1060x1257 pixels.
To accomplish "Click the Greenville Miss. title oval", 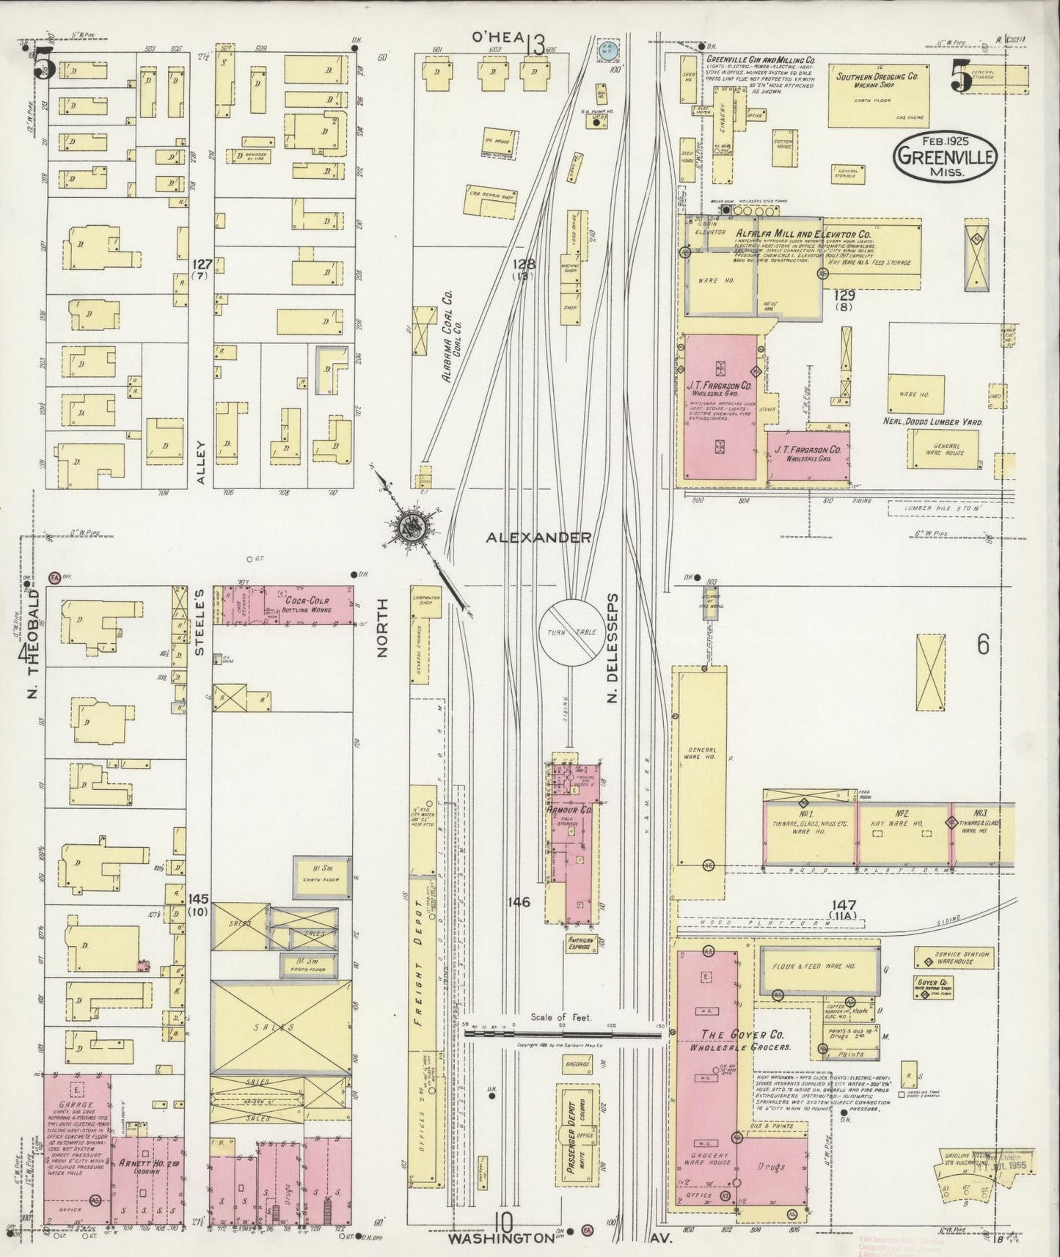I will click(945, 157).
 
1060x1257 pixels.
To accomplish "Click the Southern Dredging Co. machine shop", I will click(877, 97).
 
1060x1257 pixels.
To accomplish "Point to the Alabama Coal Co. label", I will click(447, 337).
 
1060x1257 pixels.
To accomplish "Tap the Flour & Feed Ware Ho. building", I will click(819, 970).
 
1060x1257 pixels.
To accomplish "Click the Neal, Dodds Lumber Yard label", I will click(932, 422).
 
